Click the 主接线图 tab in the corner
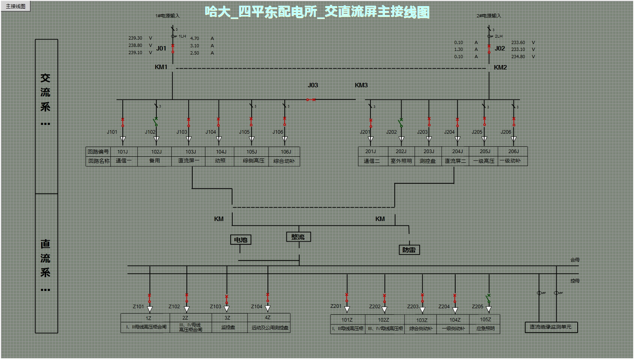coord(16,6)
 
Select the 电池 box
coord(241,240)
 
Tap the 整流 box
coord(298,237)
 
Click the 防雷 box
coord(409,250)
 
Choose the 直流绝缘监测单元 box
coord(551,327)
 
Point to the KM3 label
coord(361,85)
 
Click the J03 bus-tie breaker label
coord(313,85)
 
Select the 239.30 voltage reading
coord(135,38)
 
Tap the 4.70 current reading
coord(195,38)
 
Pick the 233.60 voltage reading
coord(518,42)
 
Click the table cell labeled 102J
coord(156,152)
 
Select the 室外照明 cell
coord(401,161)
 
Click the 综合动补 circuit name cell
coord(284,161)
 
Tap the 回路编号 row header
coord(98,152)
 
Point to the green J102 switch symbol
coord(156,122)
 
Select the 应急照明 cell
coord(485,328)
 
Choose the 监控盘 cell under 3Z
coord(228,327)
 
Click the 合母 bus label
coord(575,260)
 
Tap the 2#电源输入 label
coord(488,16)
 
